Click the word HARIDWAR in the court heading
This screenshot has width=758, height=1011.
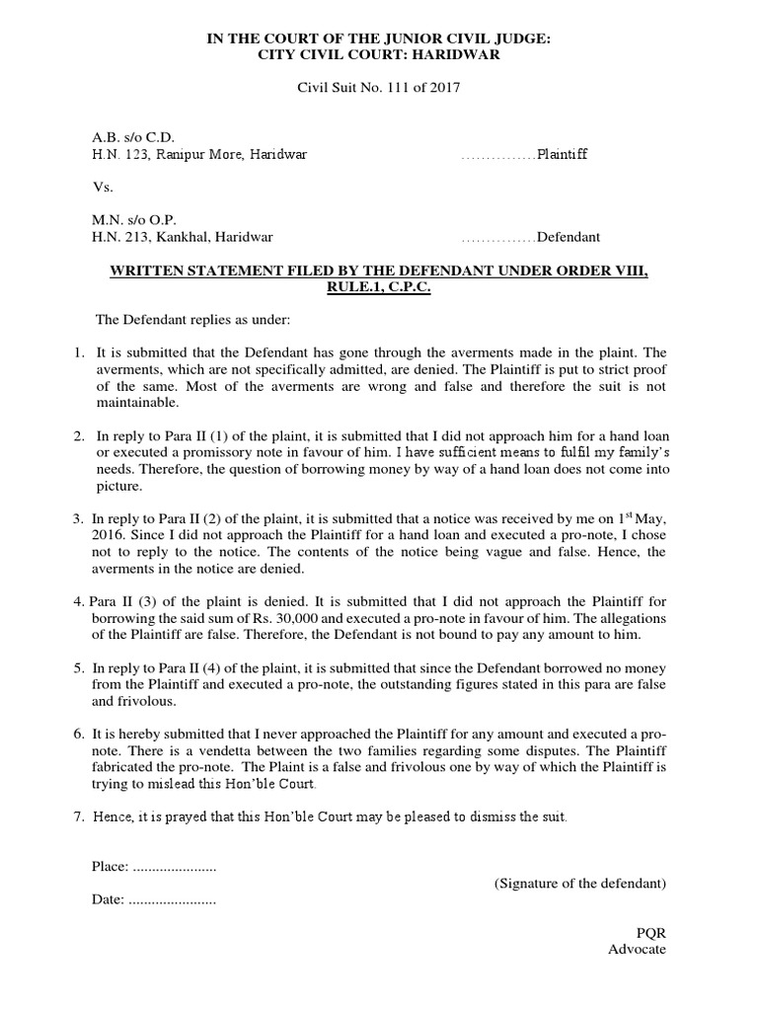(x=462, y=55)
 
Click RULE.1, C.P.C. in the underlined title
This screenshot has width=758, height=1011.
(x=379, y=286)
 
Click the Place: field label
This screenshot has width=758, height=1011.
(x=111, y=866)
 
